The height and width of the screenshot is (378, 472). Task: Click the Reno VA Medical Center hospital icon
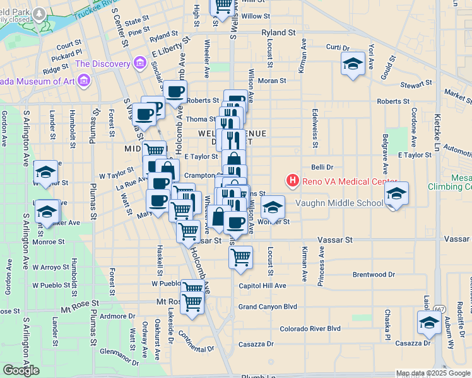(292, 181)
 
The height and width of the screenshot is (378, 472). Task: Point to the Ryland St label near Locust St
(280, 31)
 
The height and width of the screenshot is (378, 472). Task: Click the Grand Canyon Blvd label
(268, 307)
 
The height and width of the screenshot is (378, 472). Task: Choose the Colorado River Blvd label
(310, 328)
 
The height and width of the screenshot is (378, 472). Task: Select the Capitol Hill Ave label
(263, 285)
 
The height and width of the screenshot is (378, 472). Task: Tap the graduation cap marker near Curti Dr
(353, 64)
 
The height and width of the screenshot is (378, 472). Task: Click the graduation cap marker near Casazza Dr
(429, 323)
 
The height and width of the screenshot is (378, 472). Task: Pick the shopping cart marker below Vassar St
(240, 257)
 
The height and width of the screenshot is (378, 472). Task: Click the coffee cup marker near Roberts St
(175, 91)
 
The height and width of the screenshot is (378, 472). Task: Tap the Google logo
(21, 370)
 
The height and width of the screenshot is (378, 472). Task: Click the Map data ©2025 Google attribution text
(433, 373)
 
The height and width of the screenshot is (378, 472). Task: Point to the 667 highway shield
(439, 309)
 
